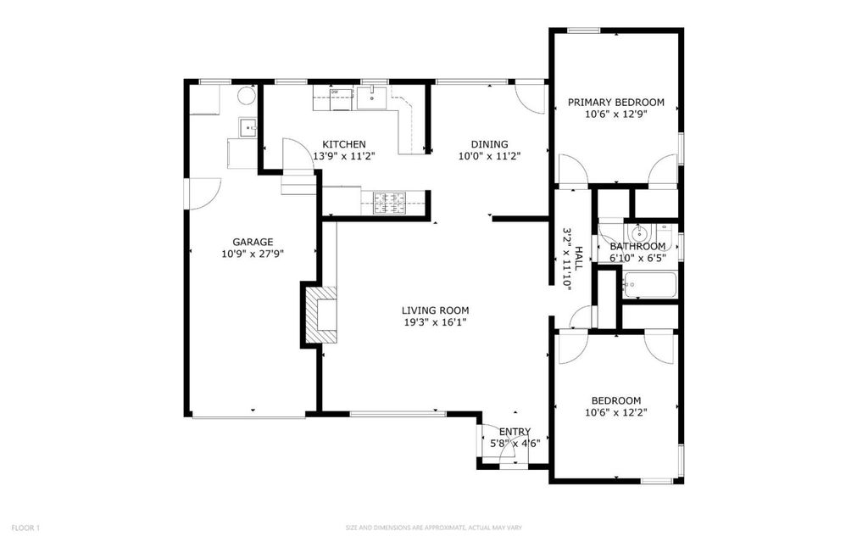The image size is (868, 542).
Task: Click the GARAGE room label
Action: point(253,242)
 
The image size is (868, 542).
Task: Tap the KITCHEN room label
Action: point(344,144)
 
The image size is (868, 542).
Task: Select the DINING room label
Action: point(489,144)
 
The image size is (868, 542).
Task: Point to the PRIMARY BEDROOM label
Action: point(616,102)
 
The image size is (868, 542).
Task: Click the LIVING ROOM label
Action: point(435,310)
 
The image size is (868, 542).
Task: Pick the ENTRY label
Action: point(515,432)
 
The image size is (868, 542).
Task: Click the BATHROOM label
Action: point(637,246)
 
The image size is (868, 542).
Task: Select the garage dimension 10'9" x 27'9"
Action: point(253,254)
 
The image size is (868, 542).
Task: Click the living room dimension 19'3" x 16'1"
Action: point(435,322)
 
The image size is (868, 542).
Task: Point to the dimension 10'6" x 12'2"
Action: point(616,412)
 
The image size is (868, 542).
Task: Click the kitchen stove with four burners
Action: point(390,202)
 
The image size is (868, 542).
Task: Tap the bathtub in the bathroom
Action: point(649,285)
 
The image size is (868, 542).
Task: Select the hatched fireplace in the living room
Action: point(320,315)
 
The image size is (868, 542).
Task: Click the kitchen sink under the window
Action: point(371,98)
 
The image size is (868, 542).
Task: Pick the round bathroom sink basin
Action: point(639,231)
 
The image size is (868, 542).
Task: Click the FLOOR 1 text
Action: point(25,528)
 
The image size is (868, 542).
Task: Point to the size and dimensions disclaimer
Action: point(434,528)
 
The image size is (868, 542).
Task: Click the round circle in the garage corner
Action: point(247,95)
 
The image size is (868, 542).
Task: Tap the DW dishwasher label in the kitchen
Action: point(334,92)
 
